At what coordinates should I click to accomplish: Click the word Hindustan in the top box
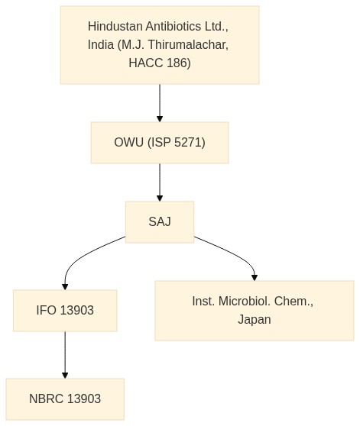pos(115,27)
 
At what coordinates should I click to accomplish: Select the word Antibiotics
pos(174,27)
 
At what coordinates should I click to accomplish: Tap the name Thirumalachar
pos(188,45)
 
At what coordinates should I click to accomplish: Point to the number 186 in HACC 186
pos(179,63)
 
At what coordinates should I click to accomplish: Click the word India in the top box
pos(101,45)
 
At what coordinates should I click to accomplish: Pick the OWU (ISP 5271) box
pos(160,143)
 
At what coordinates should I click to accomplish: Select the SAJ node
pos(160,222)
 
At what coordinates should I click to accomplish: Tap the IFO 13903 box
pos(65,311)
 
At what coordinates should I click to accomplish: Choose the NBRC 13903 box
pos(65,399)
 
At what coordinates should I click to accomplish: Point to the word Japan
pos(255,320)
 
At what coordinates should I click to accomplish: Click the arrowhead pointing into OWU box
pos(160,119)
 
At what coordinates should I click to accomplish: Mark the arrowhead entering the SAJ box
pos(160,198)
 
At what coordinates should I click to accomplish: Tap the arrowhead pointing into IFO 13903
pos(65,287)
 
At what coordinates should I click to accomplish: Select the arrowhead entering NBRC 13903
pos(65,376)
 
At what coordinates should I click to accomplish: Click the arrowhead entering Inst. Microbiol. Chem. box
pos(255,278)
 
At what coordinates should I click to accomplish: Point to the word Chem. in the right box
pos(294,302)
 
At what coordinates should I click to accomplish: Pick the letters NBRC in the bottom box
pos(46,399)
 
